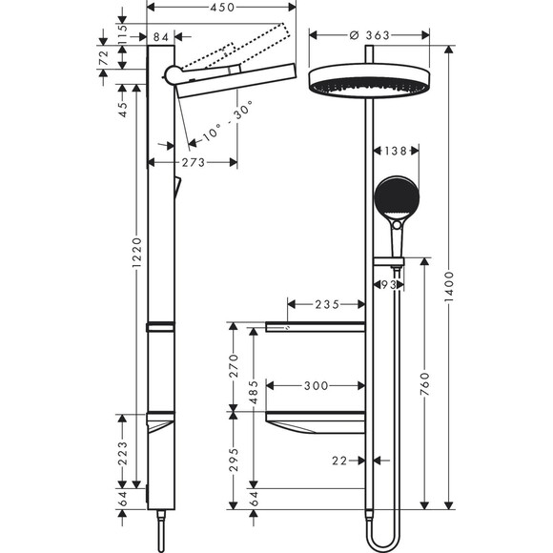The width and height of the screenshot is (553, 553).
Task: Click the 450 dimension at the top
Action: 221,9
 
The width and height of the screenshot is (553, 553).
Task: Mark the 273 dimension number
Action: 193,163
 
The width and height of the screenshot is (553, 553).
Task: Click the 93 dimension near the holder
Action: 387,285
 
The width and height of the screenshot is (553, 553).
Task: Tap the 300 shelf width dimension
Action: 315,386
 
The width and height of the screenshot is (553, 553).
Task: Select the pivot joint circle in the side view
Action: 173,75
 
